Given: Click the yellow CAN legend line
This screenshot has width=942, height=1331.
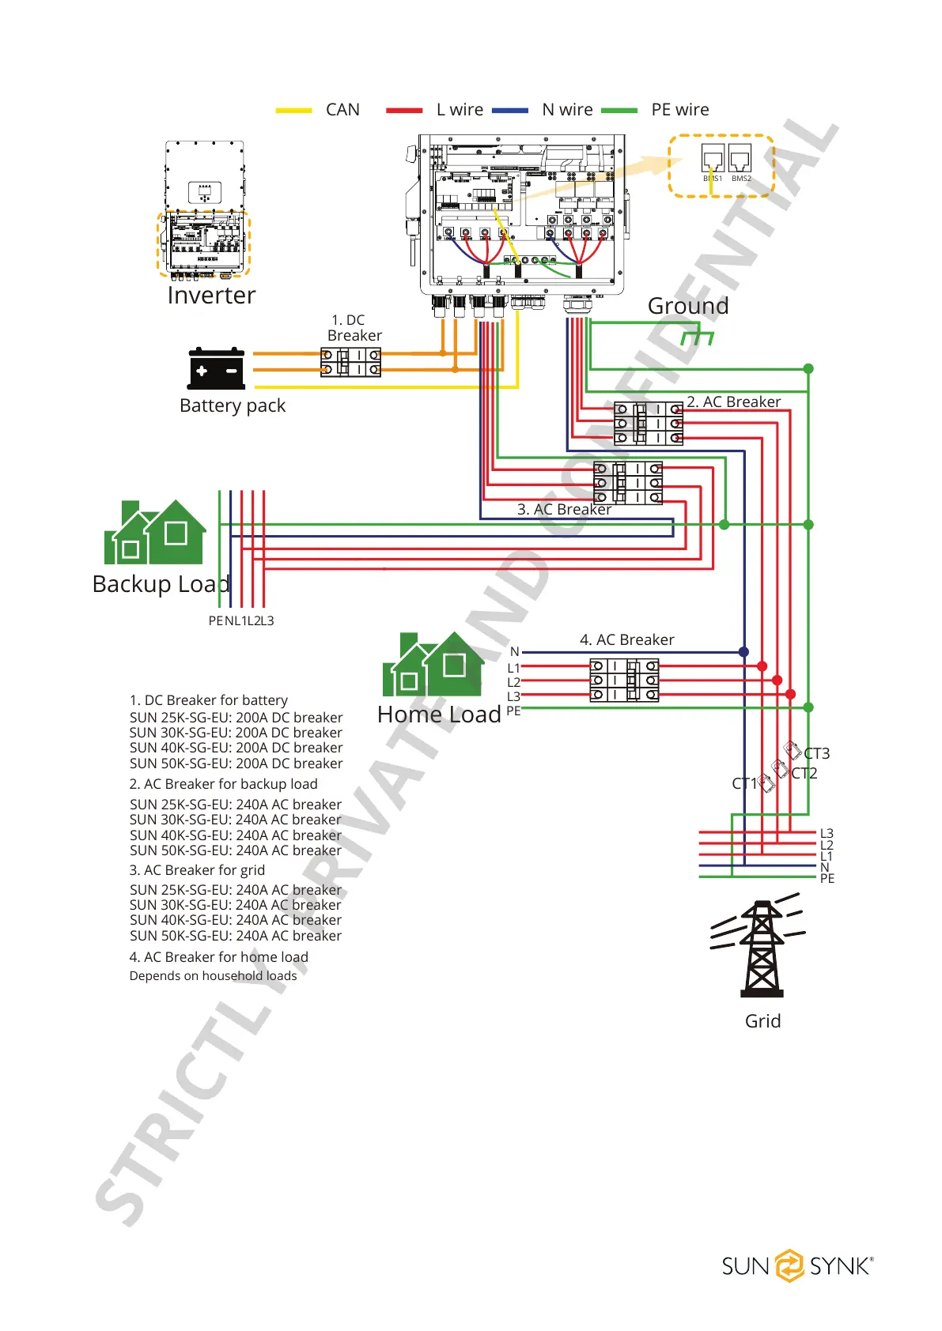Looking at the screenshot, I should click(293, 111).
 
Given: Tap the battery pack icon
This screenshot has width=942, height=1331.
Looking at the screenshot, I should click(216, 369).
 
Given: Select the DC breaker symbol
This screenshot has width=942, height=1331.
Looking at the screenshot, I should click(350, 363).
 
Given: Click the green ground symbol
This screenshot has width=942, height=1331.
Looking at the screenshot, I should click(698, 337).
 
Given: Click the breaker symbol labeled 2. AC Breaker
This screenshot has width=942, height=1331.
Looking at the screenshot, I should click(649, 423).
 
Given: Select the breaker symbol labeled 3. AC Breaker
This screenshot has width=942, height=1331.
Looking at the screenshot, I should click(628, 483).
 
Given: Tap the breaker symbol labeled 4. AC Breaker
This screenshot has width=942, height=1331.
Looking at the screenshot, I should click(624, 680).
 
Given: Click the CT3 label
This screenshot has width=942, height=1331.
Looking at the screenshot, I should click(817, 753).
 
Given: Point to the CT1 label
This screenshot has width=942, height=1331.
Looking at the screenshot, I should click(743, 783).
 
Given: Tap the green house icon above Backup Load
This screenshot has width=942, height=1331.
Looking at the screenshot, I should click(155, 533).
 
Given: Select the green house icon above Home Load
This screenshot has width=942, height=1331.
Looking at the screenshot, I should click(433, 665).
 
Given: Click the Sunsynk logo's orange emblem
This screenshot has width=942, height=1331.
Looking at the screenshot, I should click(789, 1265).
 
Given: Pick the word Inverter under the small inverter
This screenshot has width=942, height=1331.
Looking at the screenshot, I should click(211, 296).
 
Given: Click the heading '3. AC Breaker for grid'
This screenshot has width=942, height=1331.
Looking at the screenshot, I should click(197, 870).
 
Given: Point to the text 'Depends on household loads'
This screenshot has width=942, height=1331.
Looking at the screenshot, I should click(213, 976).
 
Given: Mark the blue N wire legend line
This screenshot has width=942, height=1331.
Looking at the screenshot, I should click(509, 111).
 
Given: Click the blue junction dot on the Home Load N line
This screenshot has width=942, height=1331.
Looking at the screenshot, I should click(743, 652).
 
